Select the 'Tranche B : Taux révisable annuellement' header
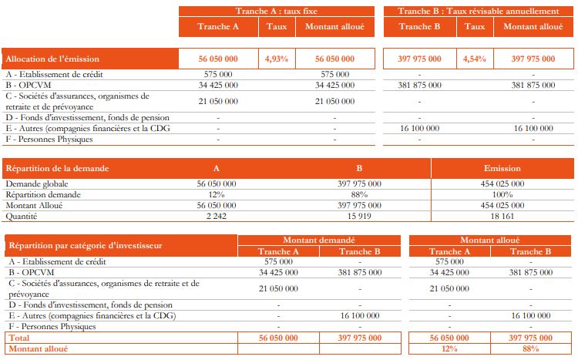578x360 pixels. tap(478, 11)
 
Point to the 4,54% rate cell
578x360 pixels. tap(476, 59)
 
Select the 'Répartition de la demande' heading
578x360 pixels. tap(58, 167)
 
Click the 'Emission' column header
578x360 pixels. tap(502, 167)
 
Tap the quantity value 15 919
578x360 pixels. tap(359, 217)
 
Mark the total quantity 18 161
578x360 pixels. tap(502, 217)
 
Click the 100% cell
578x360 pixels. tap(502, 195)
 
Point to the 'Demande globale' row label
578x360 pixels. tap(37, 183)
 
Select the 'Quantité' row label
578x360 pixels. tap(23, 217)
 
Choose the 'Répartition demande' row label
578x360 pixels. tap(43, 195)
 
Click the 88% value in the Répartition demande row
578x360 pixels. tap(359, 195)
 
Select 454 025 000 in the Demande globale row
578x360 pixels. tap(502, 183)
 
